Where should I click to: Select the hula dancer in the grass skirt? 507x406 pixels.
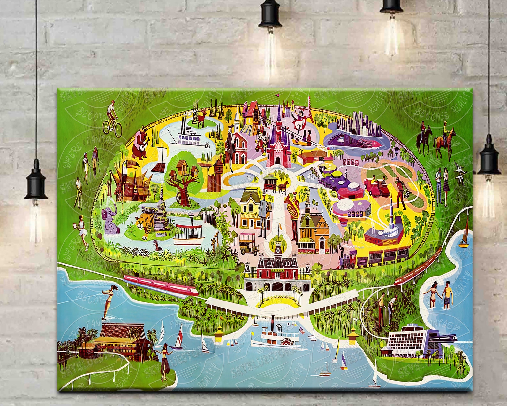point(164,362)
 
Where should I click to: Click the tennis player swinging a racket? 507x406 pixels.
point(83,230)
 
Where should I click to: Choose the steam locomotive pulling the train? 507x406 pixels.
point(348,259)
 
